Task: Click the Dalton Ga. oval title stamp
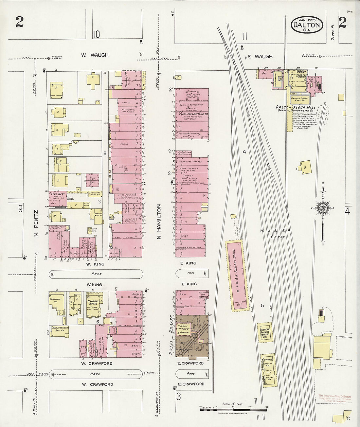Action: coord(307,25)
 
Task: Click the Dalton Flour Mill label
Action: coord(291,107)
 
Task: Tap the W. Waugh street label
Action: coord(95,55)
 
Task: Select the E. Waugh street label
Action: coord(260,57)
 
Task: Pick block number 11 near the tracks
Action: coord(244,36)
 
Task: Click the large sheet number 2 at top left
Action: coord(19,22)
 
